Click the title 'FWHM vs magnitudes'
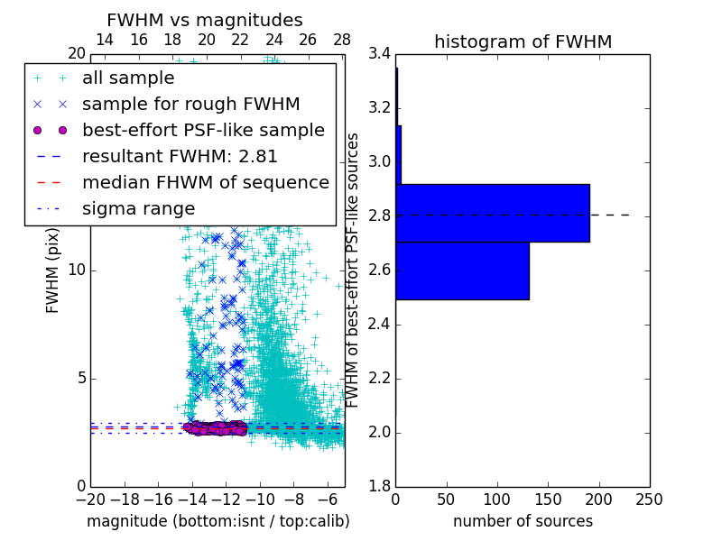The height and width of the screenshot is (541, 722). [x=205, y=20]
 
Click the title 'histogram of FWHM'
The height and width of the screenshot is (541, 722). [x=523, y=41]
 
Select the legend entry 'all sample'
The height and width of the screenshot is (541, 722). [x=128, y=78]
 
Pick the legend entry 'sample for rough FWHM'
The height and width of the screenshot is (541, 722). [x=190, y=104]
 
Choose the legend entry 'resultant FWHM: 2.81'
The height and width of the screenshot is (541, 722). [x=180, y=156]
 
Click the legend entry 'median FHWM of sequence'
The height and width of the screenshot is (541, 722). [x=205, y=182]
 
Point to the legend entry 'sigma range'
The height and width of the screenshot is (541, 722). [x=138, y=208]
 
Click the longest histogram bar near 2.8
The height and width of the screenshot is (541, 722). [x=492, y=213]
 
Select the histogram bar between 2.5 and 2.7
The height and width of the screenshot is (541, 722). [x=462, y=270]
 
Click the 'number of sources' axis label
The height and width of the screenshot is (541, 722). [x=523, y=521]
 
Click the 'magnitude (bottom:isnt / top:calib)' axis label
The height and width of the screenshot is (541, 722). [x=218, y=521]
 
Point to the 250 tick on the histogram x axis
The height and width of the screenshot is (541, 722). [x=649, y=499]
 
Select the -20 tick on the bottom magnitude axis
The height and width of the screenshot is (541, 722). [x=90, y=499]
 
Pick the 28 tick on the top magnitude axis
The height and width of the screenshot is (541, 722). [x=342, y=40]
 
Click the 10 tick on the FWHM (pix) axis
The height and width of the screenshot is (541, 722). [x=77, y=270]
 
